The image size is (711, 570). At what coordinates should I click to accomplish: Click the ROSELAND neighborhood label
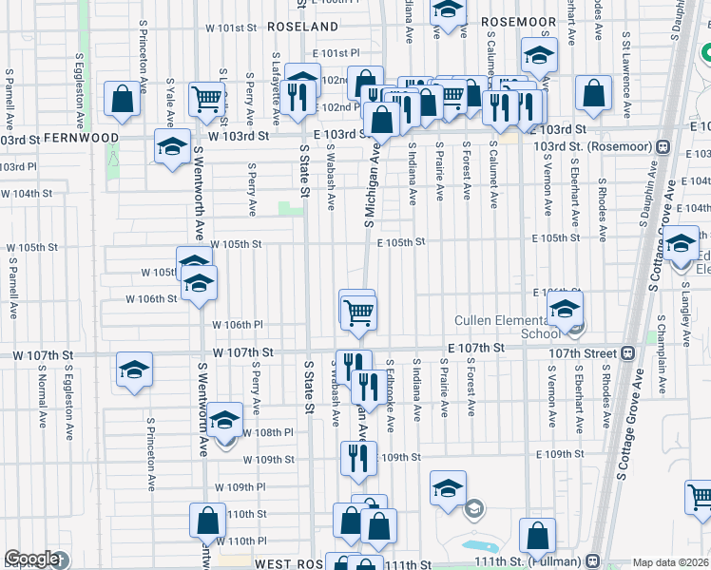pos(302,27)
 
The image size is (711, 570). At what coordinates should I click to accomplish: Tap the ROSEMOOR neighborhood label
pos(517,21)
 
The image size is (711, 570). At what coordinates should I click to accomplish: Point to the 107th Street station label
pos(581,352)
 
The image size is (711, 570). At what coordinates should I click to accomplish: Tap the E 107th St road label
pos(473,349)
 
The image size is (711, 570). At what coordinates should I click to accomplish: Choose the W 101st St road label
pos(233,28)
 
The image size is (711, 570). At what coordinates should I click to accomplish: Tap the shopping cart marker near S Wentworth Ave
pos(206,98)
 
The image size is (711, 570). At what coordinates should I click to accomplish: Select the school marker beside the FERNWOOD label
pos(172,147)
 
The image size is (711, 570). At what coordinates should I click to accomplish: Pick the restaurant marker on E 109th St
pos(358,458)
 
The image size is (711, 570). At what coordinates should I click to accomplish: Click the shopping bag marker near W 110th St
pos(207,522)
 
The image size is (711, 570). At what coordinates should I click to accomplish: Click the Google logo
pos(31,560)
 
